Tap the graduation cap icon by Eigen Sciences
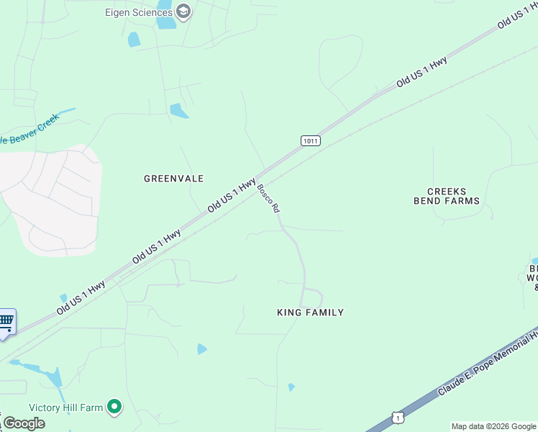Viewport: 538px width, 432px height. click(x=183, y=11)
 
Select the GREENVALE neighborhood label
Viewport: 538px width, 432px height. click(x=173, y=178)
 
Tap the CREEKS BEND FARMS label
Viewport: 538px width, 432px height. click(x=447, y=196)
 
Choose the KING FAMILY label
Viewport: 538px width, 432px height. click(x=310, y=312)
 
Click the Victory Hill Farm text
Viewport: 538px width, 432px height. click(x=66, y=408)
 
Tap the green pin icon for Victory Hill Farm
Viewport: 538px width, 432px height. click(x=114, y=408)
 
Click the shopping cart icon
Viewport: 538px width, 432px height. click(x=6, y=321)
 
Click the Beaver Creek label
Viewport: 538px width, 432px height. click(x=29, y=130)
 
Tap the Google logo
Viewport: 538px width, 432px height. click(x=23, y=423)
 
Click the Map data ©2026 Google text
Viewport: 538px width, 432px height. click(x=493, y=426)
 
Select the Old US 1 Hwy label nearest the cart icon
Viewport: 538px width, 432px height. click(x=81, y=297)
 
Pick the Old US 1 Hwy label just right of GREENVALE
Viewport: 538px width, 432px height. click(x=232, y=195)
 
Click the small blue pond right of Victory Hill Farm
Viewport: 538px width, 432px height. click(x=201, y=349)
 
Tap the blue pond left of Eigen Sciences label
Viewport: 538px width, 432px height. click(x=133, y=40)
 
